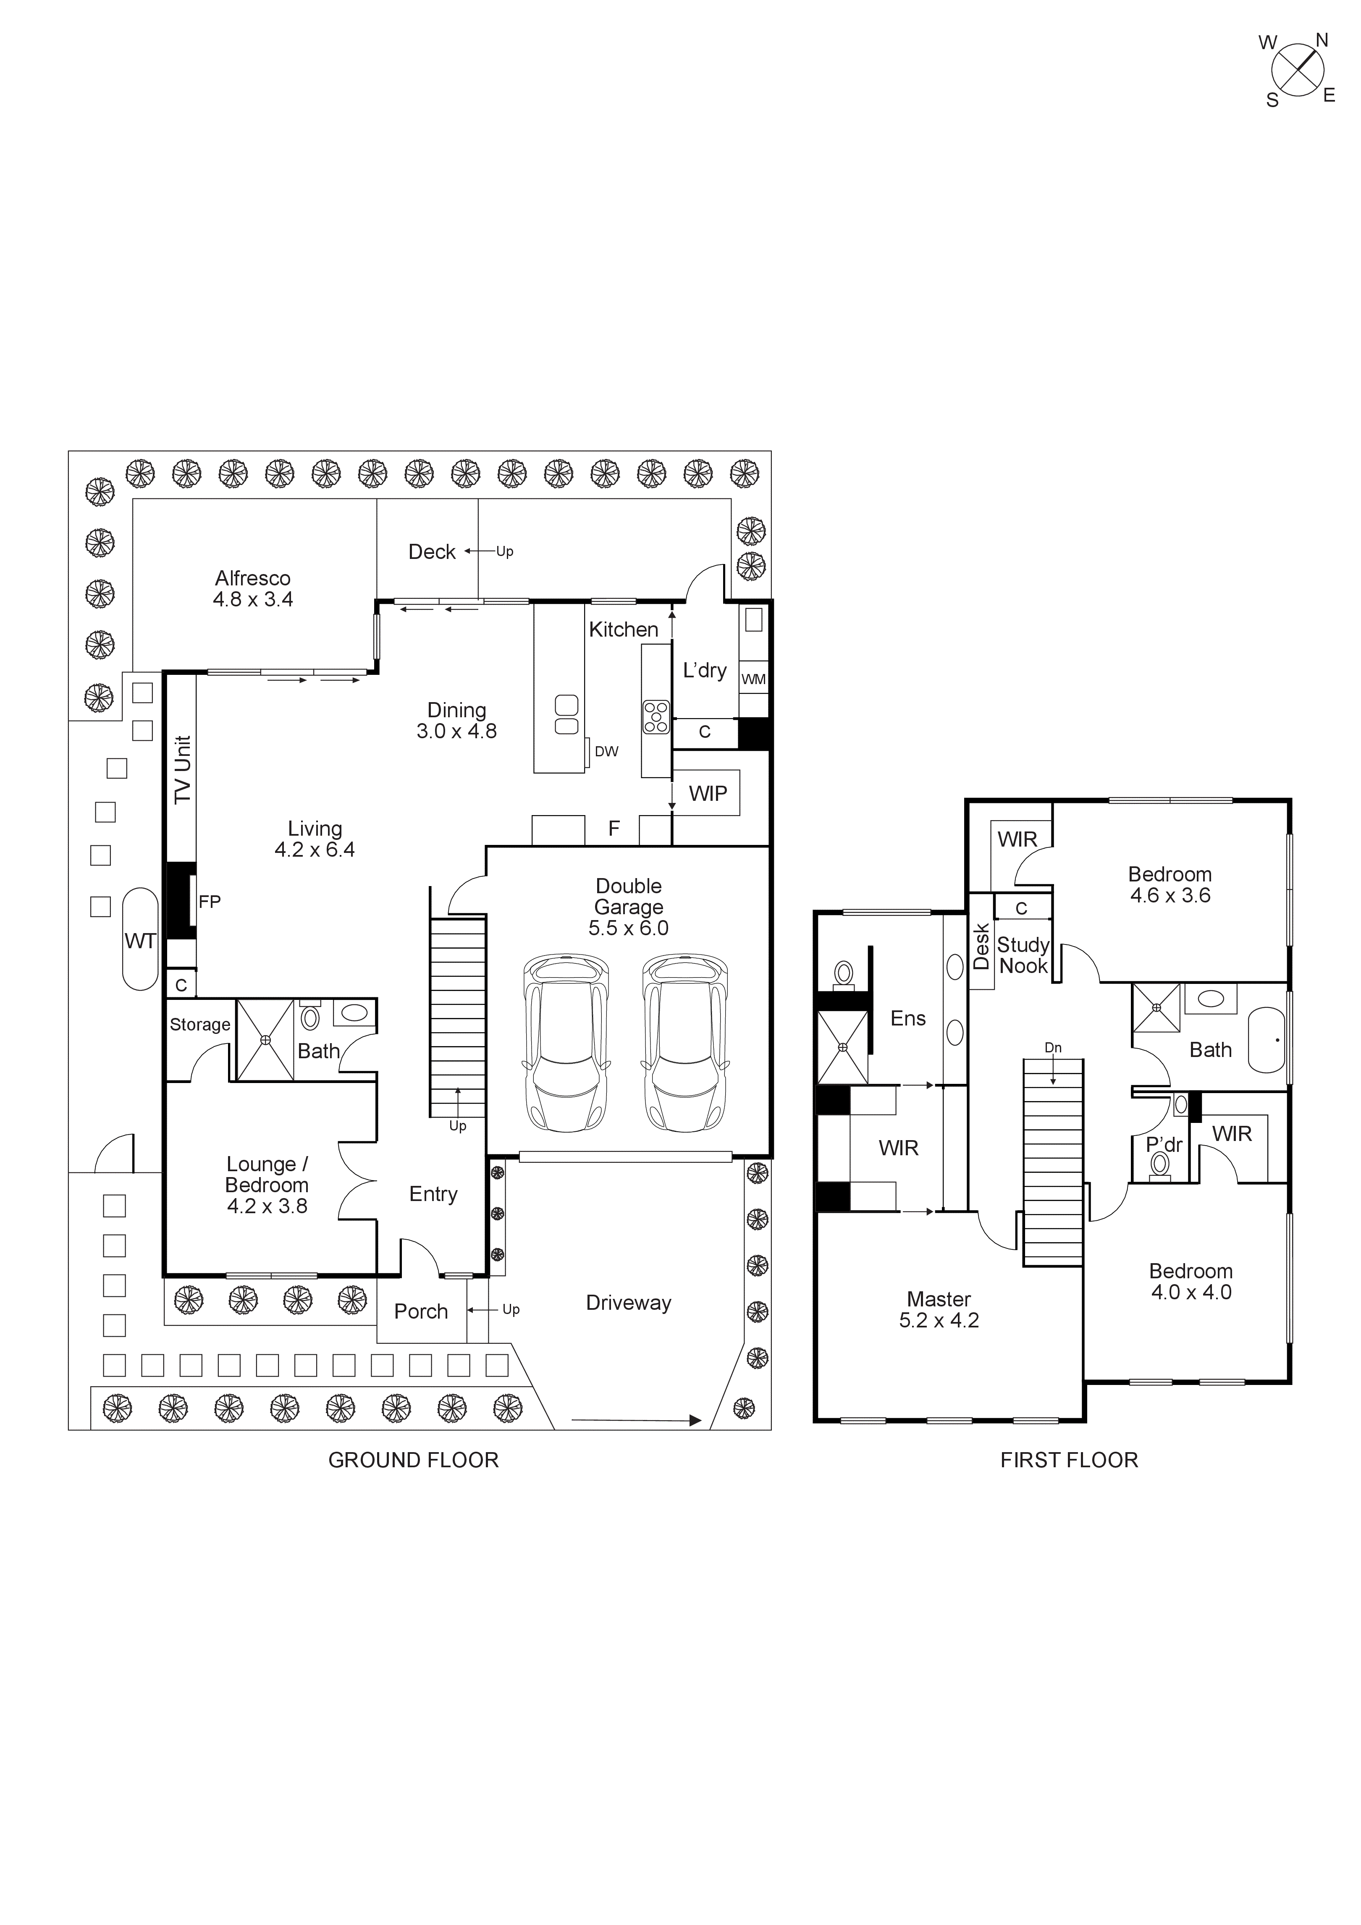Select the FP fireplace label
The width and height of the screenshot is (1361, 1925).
210,902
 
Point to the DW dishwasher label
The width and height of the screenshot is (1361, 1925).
606,751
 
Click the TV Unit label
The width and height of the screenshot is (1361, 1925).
183,770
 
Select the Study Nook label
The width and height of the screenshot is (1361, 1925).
1023,955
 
